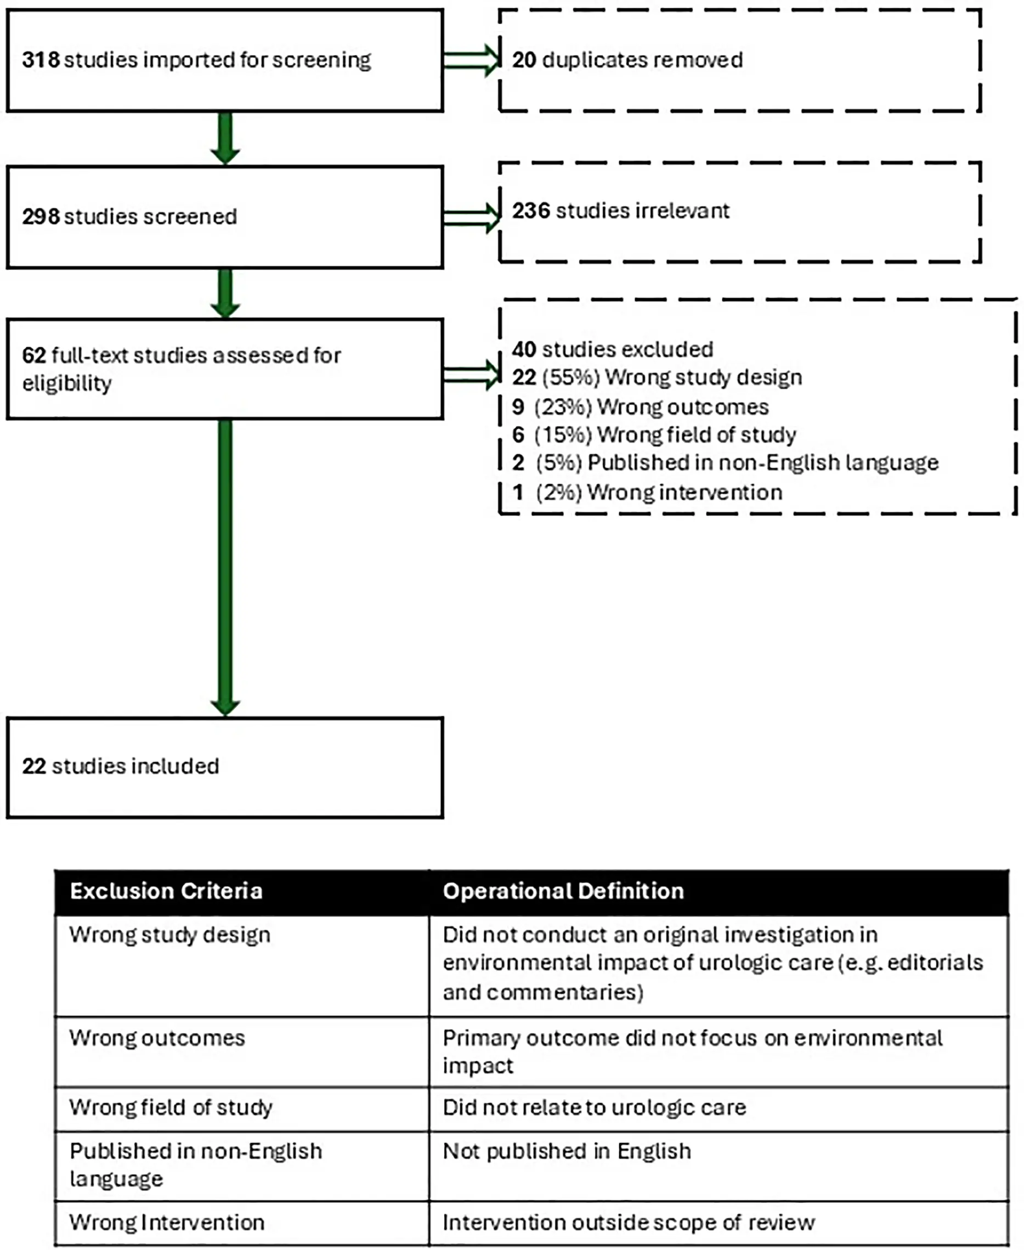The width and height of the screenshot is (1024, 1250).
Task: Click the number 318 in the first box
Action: click(x=41, y=60)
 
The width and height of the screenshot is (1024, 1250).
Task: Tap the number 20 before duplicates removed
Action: click(x=524, y=60)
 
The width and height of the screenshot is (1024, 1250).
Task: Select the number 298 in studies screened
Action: click(x=41, y=217)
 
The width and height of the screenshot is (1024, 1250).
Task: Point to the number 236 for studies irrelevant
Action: click(x=531, y=211)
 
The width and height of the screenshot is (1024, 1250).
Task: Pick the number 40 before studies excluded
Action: click(x=524, y=350)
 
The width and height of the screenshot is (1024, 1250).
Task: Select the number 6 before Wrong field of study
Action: click(x=518, y=435)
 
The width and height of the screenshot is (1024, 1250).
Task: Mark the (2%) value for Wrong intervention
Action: click(x=558, y=493)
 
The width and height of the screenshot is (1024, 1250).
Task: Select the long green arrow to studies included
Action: click(x=225, y=566)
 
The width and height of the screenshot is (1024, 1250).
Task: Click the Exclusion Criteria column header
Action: click(x=166, y=891)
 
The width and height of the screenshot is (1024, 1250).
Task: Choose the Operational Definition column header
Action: click(x=563, y=891)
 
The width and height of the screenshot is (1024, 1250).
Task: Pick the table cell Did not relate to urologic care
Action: click(x=594, y=1107)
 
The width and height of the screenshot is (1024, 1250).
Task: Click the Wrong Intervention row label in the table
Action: click(x=166, y=1222)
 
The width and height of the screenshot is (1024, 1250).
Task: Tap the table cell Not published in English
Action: click(x=566, y=1151)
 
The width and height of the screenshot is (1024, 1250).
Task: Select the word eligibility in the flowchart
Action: click(x=67, y=383)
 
